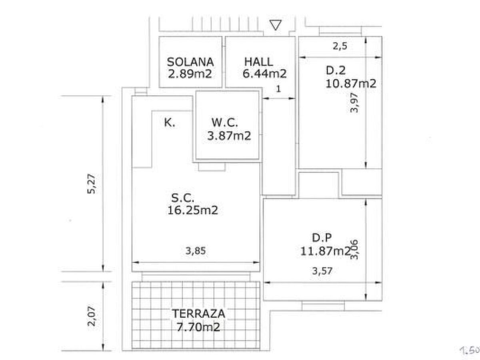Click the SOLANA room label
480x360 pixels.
pyautogui.click(x=190, y=62)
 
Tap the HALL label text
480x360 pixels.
pyautogui.click(x=258, y=62)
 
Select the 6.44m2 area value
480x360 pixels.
pyautogui.click(x=264, y=74)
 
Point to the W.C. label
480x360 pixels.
pyautogui.click(x=224, y=122)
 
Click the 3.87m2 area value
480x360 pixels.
pyautogui.click(x=229, y=136)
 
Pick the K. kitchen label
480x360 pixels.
pyautogui.click(x=170, y=122)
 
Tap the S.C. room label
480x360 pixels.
pyautogui.click(x=182, y=198)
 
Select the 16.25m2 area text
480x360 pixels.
pyautogui.click(x=193, y=210)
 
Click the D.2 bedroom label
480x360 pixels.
pyautogui.click(x=336, y=70)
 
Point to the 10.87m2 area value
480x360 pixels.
pyautogui.click(x=351, y=84)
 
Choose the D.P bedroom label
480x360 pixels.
pyautogui.click(x=322, y=238)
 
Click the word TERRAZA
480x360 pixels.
pyautogui.click(x=198, y=314)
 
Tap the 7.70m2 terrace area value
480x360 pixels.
pyautogui.click(x=198, y=327)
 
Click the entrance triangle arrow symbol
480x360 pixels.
pyautogui.click(x=276, y=25)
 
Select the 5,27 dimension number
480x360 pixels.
pyautogui.click(x=91, y=184)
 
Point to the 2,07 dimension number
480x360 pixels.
pyautogui.click(x=91, y=316)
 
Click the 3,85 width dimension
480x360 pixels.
pyautogui.click(x=196, y=251)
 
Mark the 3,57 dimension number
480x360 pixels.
pyautogui.click(x=322, y=271)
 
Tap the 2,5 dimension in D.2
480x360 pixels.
pyautogui.click(x=340, y=46)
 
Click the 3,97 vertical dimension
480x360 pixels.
pyautogui.click(x=354, y=103)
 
